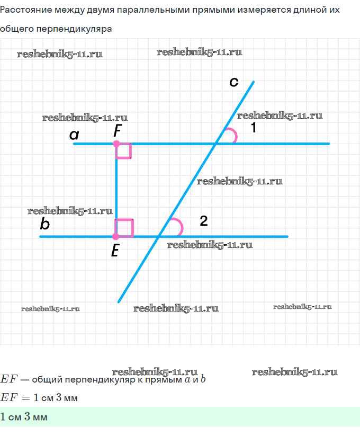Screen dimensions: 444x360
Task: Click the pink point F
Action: point(116,144)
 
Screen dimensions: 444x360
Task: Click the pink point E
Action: point(116,236)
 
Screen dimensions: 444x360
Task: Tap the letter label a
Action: point(74,135)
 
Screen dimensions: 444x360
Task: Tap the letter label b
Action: point(45,225)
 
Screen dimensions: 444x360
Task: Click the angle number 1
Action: point(254,128)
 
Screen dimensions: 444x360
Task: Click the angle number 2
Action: point(204,221)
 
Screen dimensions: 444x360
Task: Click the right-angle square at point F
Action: point(124,151)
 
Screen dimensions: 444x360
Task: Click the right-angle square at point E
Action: point(124,228)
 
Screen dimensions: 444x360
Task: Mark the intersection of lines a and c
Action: point(215,144)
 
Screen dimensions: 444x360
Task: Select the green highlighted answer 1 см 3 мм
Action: point(24,417)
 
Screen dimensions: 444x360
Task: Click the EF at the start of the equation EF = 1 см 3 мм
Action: point(9,397)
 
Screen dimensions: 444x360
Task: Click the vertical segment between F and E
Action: point(116,190)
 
